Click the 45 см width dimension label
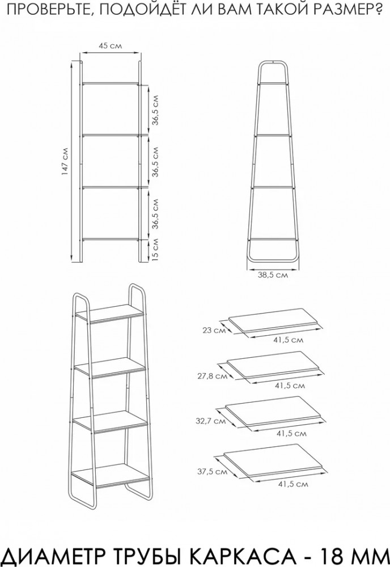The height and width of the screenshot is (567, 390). coord(110,46)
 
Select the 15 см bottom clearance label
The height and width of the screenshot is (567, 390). coord(154,249)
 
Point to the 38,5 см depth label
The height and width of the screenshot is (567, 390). coord(273,274)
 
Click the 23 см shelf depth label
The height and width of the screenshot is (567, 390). coord(212,330)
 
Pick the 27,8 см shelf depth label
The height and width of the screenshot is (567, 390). coord(213,376)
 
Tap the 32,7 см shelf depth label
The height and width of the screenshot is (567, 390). coord(211,421)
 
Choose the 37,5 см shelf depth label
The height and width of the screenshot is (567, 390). coord(212,472)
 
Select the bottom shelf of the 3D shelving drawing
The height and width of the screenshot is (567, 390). coord(110,475)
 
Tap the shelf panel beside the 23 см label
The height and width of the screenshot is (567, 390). coord(275,320)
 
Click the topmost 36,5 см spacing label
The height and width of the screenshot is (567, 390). coord(155,110)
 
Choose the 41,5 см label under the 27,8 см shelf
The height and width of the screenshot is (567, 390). coord(290,386)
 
